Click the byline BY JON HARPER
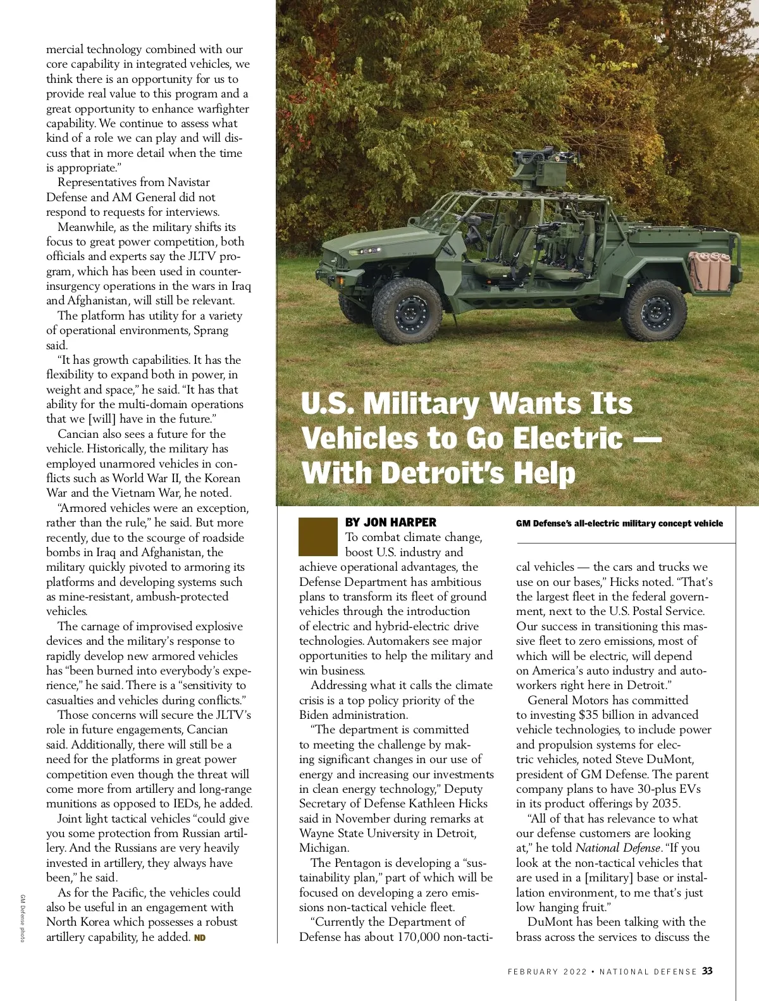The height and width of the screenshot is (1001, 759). point(391,523)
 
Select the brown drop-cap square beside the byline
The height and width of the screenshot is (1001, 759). point(318,537)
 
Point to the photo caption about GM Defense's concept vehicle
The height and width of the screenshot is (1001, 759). point(619,523)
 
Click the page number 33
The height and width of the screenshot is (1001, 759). point(707,971)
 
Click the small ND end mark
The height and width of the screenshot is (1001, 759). point(200,938)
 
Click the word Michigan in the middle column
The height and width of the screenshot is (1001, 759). point(323,848)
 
